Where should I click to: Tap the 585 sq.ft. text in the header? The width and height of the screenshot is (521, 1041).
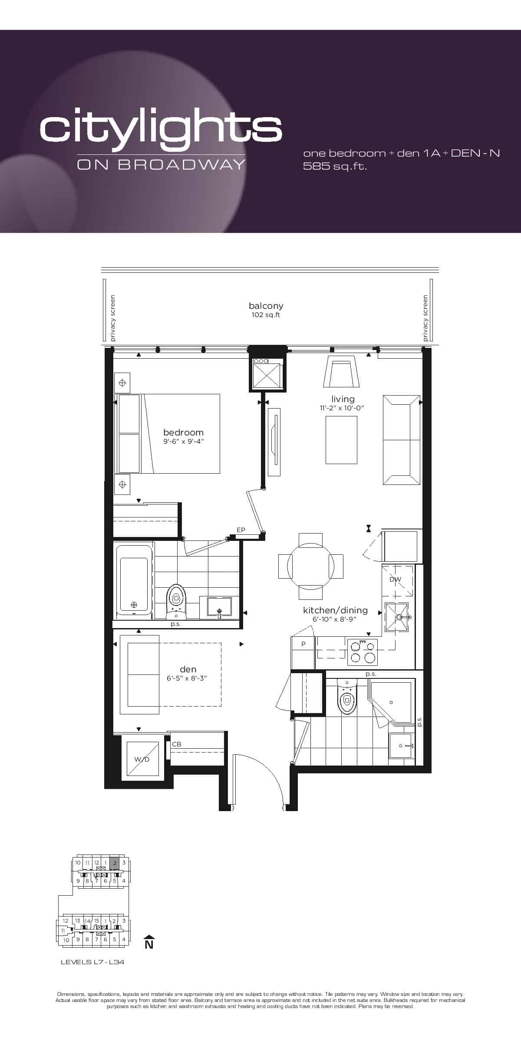click(335, 166)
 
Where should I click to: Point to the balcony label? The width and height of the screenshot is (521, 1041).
click(266, 306)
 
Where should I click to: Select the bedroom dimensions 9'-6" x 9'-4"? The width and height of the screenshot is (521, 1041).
click(183, 442)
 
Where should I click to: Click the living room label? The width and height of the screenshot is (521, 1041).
click(343, 399)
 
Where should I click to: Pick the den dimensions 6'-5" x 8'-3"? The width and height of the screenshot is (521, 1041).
click(187, 678)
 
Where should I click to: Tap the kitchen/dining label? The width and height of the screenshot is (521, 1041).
click(335, 610)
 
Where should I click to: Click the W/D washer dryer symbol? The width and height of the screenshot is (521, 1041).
click(142, 759)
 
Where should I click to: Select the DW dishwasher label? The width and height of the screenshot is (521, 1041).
click(395, 579)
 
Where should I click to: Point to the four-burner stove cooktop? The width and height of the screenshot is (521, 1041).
click(363, 652)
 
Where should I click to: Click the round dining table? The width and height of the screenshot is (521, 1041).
click(311, 566)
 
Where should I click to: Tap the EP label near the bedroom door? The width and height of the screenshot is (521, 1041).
click(241, 530)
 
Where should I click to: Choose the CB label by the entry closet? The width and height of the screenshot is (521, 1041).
click(177, 744)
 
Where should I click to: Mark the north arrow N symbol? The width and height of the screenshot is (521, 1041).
click(149, 942)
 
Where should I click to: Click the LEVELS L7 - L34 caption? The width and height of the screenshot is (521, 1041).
click(92, 962)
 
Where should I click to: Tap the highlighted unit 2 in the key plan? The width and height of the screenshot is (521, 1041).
click(115, 863)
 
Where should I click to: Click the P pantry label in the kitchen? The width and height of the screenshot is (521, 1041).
click(303, 644)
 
